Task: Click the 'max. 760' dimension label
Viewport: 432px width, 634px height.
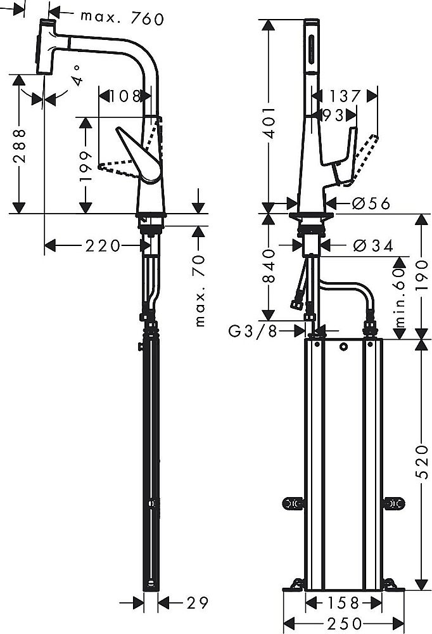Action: coord(122,18)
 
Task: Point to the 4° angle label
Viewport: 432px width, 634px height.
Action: coord(77,75)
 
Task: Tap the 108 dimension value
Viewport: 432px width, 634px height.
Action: coord(124,96)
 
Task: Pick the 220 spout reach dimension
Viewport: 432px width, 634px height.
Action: coord(103,245)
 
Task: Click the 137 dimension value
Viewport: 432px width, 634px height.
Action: coord(345,96)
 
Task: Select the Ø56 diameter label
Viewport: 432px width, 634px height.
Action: coord(369,204)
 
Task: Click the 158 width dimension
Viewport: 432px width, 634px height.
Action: coord(345,602)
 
